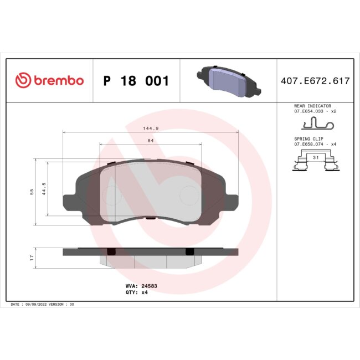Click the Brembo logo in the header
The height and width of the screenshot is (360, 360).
point(49,81)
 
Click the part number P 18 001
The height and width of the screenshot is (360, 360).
point(136,81)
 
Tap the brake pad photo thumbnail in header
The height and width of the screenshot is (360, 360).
point(228,81)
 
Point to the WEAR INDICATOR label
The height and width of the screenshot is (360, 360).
point(312,106)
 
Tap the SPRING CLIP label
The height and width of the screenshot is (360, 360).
point(308,138)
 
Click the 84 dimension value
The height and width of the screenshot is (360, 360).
point(150,141)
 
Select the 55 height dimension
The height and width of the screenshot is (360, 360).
point(32,191)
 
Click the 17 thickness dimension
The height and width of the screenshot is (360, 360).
point(32,258)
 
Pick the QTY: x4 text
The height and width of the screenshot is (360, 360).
point(136,292)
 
